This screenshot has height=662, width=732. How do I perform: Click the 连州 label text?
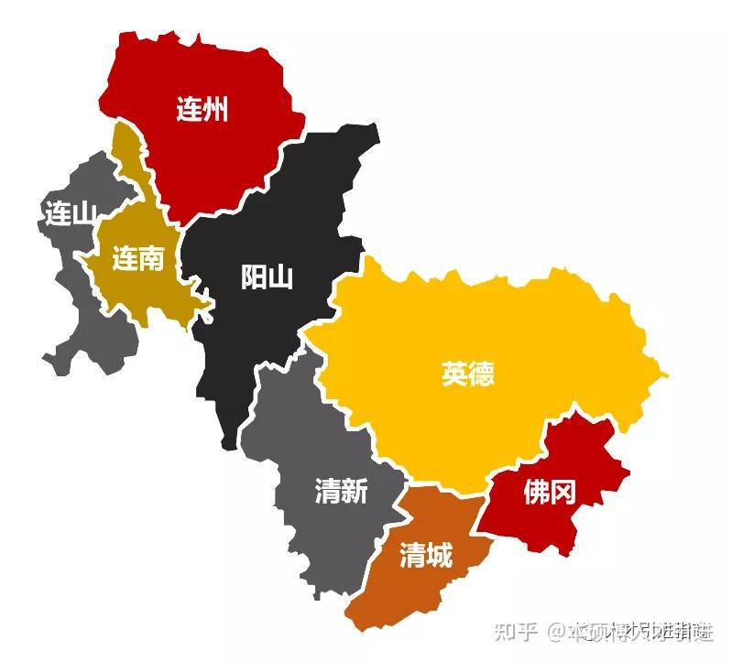point(202,111)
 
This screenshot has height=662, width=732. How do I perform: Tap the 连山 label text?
point(70,214)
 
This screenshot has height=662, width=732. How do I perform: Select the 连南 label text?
point(138,259)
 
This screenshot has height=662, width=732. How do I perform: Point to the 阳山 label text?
point(267,277)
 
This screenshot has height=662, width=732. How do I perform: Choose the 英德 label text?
point(467,374)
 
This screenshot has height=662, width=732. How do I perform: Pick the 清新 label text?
point(341,492)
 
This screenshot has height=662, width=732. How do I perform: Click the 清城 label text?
point(425,554)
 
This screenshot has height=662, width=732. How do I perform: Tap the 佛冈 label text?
point(550,494)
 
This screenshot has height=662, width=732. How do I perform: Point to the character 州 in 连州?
point(215,111)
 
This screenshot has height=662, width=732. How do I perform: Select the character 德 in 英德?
point(481,374)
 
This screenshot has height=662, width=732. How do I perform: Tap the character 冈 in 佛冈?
point(563,494)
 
